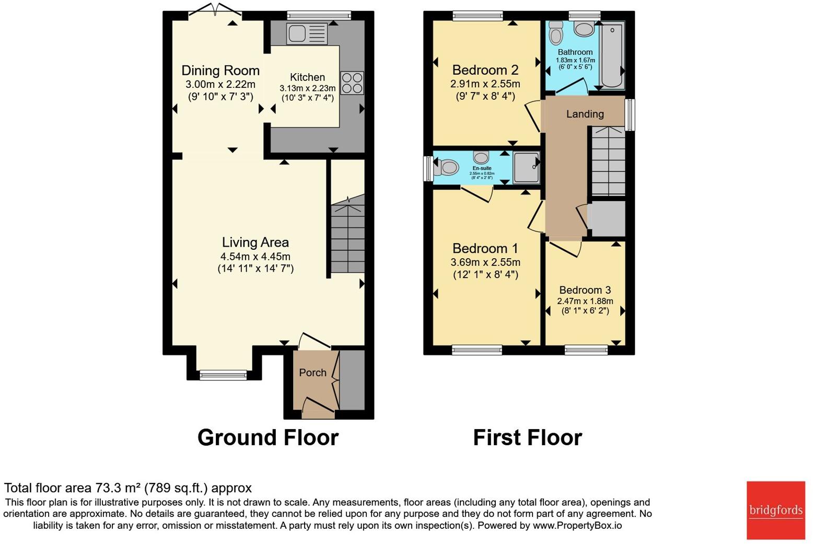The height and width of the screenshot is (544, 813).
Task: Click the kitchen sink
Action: pyautogui.click(x=307, y=34)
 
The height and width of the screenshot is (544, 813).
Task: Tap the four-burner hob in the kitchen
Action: pyautogui.click(x=352, y=83)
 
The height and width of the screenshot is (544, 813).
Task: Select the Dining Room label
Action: pyautogui.click(x=220, y=71)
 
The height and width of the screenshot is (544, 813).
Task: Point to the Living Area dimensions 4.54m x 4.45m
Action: pyautogui.click(x=255, y=257)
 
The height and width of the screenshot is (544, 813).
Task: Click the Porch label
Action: pyautogui.click(x=312, y=373)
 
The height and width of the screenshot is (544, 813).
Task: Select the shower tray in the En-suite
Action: pyautogui.click(x=526, y=168)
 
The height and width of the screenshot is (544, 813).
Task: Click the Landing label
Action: pyautogui.click(x=585, y=114)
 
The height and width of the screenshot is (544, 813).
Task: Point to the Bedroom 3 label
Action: pyautogui.click(x=585, y=290)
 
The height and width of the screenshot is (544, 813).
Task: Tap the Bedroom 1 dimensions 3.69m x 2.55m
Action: pyautogui.click(x=485, y=262)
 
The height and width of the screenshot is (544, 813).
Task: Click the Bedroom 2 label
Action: pyautogui.click(x=485, y=70)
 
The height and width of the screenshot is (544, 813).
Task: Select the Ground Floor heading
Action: pyautogui.click(x=268, y=437)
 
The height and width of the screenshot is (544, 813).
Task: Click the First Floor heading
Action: pyautogui.click(x=527, y=437)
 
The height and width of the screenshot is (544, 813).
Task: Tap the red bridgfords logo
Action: pyautogui.click(x=775, y=510)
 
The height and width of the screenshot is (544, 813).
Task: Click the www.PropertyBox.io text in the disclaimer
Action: pyautogui.click(x=577, y=526)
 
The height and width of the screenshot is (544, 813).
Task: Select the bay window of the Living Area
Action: pyautogui.click(x=223, y=374)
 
